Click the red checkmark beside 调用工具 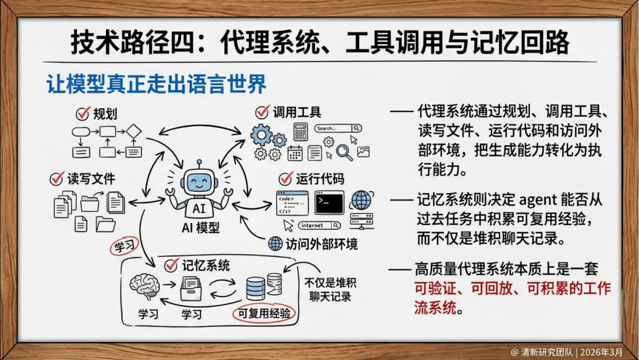262,111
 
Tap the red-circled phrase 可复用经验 264,313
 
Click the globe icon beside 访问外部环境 275,243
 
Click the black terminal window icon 329,202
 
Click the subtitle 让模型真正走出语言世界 156,84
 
